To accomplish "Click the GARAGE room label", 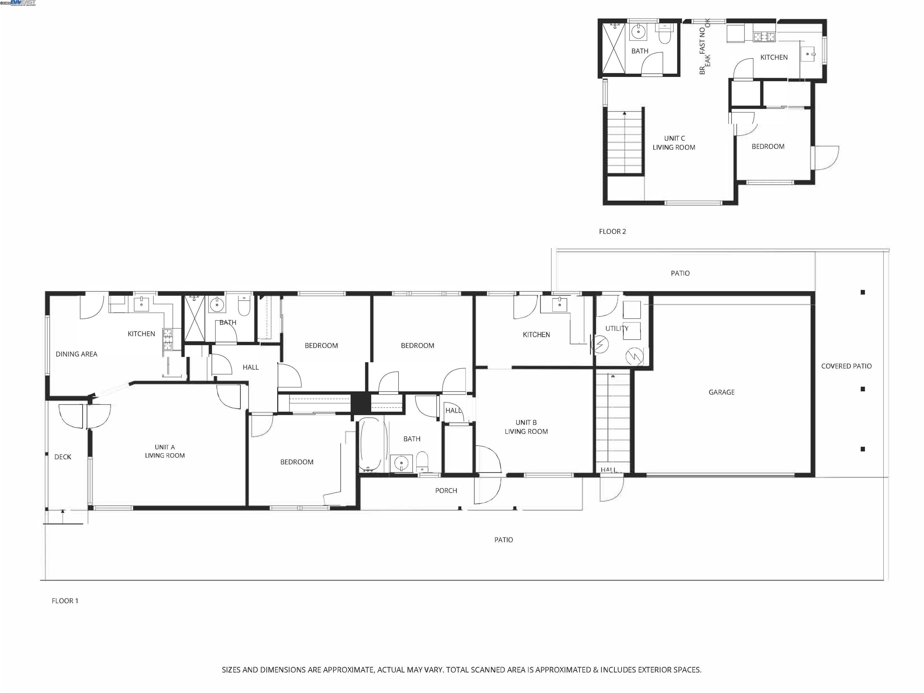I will point(721,392).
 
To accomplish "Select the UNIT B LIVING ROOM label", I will point(526,427).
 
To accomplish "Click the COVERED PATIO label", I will point(846,366).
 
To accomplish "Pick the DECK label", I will point(63,457).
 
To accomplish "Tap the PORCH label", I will point(446,490).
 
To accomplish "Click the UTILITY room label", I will point(617,328).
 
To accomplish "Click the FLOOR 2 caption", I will point(612,231).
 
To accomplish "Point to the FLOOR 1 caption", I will point(65,601).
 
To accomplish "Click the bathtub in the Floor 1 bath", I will point(370,445).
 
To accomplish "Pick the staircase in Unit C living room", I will point(624,142).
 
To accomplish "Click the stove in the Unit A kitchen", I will point(168,339).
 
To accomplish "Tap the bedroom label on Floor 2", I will point(768,146).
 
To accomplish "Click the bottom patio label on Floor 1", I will point(503,540).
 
